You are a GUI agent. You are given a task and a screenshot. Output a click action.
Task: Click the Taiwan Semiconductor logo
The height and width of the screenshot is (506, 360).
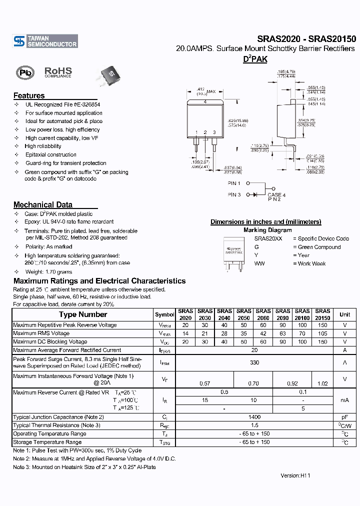pyautogui.click(x=45, y=41)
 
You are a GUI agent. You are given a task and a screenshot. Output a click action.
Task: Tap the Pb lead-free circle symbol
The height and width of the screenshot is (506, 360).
pyautogui.click(x=24, y=73)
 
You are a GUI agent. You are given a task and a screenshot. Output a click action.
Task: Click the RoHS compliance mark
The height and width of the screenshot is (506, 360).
pyautogui.click(x=58, y=72)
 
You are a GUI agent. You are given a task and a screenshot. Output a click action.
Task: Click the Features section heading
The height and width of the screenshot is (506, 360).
pyautogui.click(x=29, y=95)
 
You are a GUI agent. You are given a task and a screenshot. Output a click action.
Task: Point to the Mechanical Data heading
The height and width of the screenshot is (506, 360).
pyautogui.click(x=43, y=204)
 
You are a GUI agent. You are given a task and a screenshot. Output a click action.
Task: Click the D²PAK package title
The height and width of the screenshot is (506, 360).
pyautogui.click(x=255, y=59)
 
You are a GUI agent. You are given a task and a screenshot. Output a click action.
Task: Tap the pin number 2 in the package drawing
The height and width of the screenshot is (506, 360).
pyautogui.click(x=205, y=132)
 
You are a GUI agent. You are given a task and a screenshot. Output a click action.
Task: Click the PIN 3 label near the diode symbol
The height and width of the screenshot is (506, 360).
pyautogui.click(x=234, y=194)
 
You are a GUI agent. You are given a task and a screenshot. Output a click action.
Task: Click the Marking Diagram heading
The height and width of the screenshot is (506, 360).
pyautogui.click(x=267, y=230)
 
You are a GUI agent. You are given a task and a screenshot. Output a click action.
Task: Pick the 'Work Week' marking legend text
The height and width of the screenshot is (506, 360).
pyautogui.click(x=311, y=263)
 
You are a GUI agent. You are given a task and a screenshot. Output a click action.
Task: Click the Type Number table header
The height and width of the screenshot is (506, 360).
pyautogui.click(x=83, y=314)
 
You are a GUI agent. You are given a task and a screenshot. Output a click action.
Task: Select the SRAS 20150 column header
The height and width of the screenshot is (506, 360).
pyautogui.click(x=322, y=314)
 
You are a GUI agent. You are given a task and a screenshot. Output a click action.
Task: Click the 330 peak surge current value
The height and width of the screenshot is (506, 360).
pyautogui.click(x=254, y=362)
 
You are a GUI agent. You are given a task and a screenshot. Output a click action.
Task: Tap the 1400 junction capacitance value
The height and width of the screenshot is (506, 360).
pyautogui.click(x=254, y=417)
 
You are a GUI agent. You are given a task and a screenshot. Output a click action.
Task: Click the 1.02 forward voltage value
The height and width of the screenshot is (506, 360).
pyautogui.click(x=323, y=383)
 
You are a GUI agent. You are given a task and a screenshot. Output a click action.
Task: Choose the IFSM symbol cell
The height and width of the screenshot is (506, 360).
pyautogui.click(x=164, y=362)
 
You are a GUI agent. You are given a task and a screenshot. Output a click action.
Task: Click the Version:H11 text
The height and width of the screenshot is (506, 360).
pyautogui.click(x=295, y=475)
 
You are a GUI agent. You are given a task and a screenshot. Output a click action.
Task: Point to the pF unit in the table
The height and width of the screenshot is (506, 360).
pyautogui.click(x=344, y=417)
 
